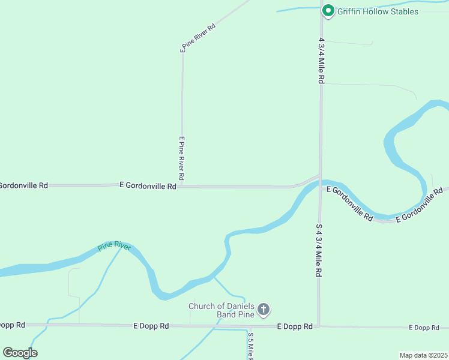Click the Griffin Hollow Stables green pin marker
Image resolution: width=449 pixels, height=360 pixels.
pyautogui.click(x=328, y=11)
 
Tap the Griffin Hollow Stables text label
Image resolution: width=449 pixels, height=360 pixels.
pyautogui.click(x=378, y=11)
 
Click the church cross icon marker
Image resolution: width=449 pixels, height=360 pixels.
pyautogui.click(x=263, y=310)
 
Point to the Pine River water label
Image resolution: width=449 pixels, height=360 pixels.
pyautogui.click(x=113, y=247)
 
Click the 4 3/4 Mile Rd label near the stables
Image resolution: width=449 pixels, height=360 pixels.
pyautogui.click(x=322, y=61)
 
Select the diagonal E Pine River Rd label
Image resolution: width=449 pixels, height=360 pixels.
pyautogui.click(x=199, y=36)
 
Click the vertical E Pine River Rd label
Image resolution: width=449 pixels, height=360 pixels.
pyautogui.click(x=181, y=159)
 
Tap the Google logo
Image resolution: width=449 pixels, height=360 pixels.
pyautogui.click(x=20, y=352)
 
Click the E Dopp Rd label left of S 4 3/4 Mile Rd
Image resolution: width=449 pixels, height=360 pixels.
pyautogui.click(x=295, y=326)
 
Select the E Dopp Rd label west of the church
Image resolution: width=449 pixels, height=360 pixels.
pyautogui.click(x=151, y=326)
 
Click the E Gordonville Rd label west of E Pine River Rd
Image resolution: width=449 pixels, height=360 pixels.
pyautogui.click(x=148, y=186)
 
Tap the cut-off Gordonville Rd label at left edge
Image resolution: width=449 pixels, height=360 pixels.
pyautogui.click(x=23, y=185)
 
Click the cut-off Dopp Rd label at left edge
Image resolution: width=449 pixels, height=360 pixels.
pyautogui.click(x=12, y=325)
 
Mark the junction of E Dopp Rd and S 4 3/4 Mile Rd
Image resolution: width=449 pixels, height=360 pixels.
pyautogui.click(x=319, y=326)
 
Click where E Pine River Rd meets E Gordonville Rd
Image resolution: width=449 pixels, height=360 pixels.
pyautogui.click(x=182, y=186)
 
